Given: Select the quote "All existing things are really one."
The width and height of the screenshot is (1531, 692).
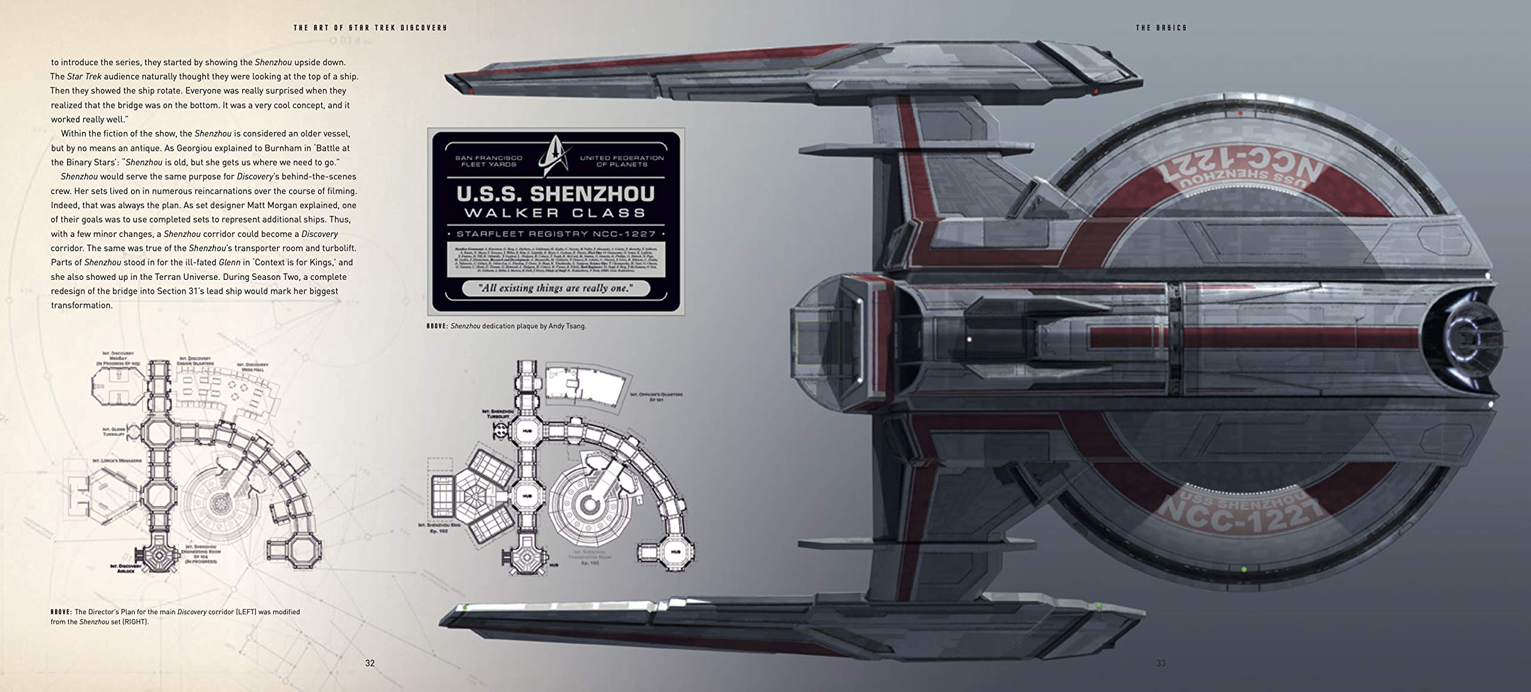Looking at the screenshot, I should tap(556, 288).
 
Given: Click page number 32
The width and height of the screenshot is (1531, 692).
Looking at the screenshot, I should tap(370, 663).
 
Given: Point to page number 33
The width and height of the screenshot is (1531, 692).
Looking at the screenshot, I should tap(1161, 663).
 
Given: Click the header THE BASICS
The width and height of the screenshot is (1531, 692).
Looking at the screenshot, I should tap(1161, 28).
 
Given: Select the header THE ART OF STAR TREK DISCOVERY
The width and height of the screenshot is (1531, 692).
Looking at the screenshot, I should tap(370, 28).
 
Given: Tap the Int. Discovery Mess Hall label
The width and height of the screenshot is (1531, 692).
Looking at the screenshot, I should tap(252, 367).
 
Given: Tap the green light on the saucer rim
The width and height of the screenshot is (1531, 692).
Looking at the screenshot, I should tap(1243, 569).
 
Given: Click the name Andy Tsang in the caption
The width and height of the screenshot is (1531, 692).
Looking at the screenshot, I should tap(569, 326).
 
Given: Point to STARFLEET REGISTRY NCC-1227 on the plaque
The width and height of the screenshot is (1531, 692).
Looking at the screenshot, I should tap(556, 234).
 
